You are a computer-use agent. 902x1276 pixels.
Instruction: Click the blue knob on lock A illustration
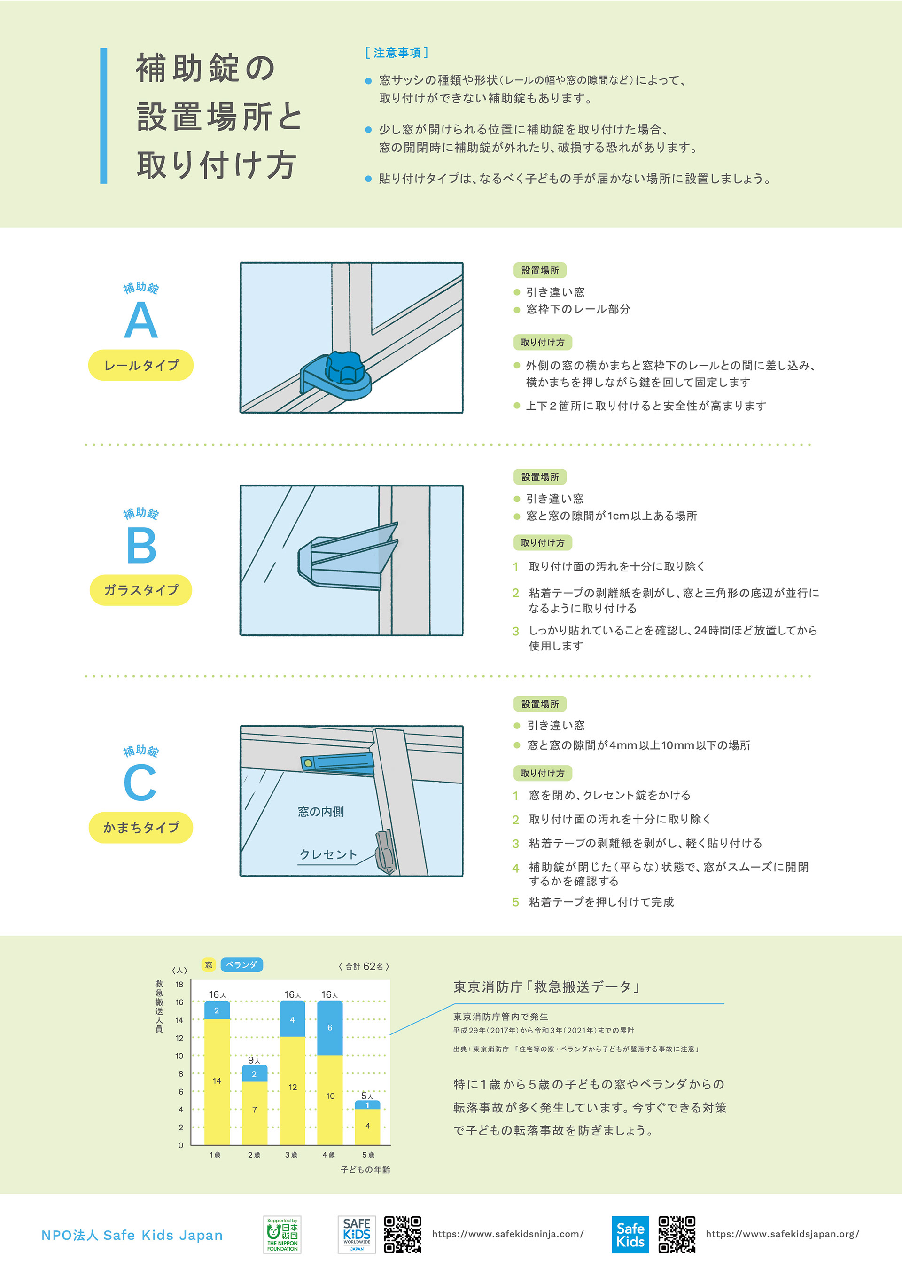(x=344, y=367)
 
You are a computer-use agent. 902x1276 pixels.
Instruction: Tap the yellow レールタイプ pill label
(x=140, y=365)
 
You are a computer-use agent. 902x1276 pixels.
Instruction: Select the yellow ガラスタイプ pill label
(x=140, y=590)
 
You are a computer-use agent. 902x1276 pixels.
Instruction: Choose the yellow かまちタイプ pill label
(x=140, y=828)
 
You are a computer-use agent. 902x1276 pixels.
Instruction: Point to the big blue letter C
(x=140, y=782)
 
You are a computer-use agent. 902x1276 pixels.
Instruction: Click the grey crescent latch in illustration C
(x=385, y=852)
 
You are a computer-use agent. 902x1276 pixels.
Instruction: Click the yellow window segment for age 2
(x=254, y=1110)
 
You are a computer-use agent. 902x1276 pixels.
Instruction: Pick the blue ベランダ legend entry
(x=241, y=964)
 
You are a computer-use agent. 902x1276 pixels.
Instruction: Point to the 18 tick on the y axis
(x=179, y=984)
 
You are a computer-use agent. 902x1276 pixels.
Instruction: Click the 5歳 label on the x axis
(x=368, y=1155)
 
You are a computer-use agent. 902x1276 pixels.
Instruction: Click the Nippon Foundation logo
(x=282, y=1234)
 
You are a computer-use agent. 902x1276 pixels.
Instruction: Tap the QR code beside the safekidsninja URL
(x=403, y=1234)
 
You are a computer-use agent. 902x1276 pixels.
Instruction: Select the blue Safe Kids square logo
(x=630, y=1234)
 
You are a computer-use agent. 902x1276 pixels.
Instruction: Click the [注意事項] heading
(x=397, y=53)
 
